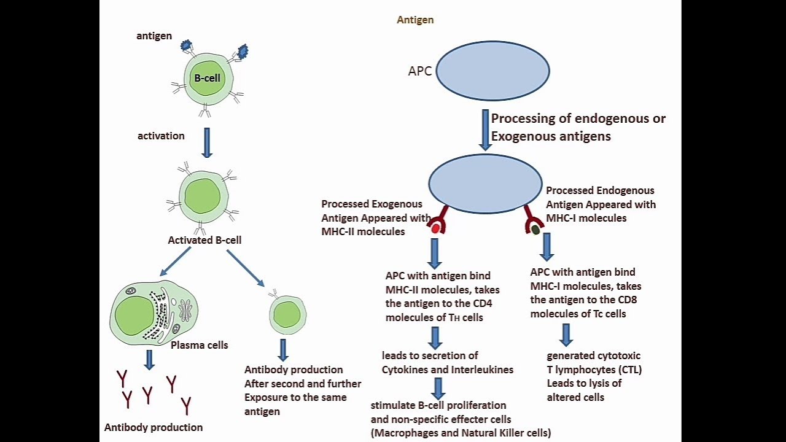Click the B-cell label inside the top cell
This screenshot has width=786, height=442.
coord(207,79)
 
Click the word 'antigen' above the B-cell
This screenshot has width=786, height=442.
coord(154,36)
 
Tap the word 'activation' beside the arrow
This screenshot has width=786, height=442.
coord(161,136)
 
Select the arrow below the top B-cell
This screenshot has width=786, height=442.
coord(207,142)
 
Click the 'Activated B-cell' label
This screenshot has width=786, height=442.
coord(204,240)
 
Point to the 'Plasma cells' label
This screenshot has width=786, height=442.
coord(199,345)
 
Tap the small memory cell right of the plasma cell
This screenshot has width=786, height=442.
coord(287,315)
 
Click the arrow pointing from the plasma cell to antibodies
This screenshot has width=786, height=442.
coord(149,359)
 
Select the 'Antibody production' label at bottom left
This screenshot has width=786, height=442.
coord(154,427)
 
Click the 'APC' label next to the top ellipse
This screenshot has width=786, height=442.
coord(420,71)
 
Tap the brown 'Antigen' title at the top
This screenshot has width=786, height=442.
coord(415,20)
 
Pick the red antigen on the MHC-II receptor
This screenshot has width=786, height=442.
coord(435,229)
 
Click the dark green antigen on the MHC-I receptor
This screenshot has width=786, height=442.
coord(535,230)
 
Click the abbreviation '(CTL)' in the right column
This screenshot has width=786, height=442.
coord(628,370)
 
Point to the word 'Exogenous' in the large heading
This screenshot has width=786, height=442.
coord(520,136)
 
